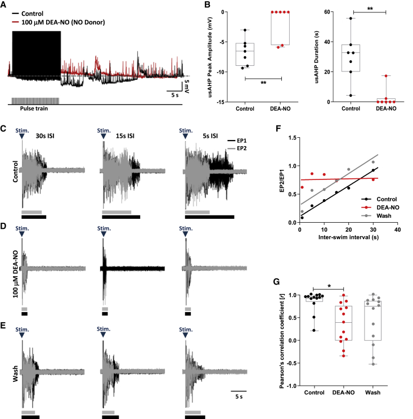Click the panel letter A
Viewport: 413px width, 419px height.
pos(4,4)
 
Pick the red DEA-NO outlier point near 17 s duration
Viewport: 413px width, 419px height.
pos(386,76)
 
